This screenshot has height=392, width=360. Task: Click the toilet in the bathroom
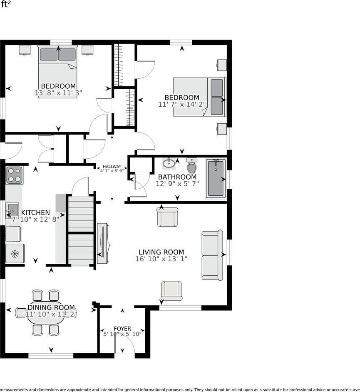pos(192,166)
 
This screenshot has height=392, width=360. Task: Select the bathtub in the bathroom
pos(216,179)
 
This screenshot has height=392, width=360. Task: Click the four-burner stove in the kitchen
pos(14,175)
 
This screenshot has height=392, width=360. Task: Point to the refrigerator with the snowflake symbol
pos(15,253)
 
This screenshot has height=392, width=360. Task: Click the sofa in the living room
pos(212,255)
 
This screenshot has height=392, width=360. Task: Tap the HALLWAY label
pos(112,167)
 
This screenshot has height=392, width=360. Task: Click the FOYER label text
pos(122,329)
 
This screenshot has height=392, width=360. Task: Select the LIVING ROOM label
pos(161,252)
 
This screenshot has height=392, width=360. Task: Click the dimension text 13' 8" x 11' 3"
pos(58,93)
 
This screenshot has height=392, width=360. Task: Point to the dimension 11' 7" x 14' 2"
pos(182,104)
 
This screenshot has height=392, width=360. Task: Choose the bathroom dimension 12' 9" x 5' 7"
pos(178,183)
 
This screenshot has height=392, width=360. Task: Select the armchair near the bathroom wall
pos(167,217)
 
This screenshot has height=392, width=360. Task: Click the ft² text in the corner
pos(6,4)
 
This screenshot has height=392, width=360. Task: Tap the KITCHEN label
pos(35,212)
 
